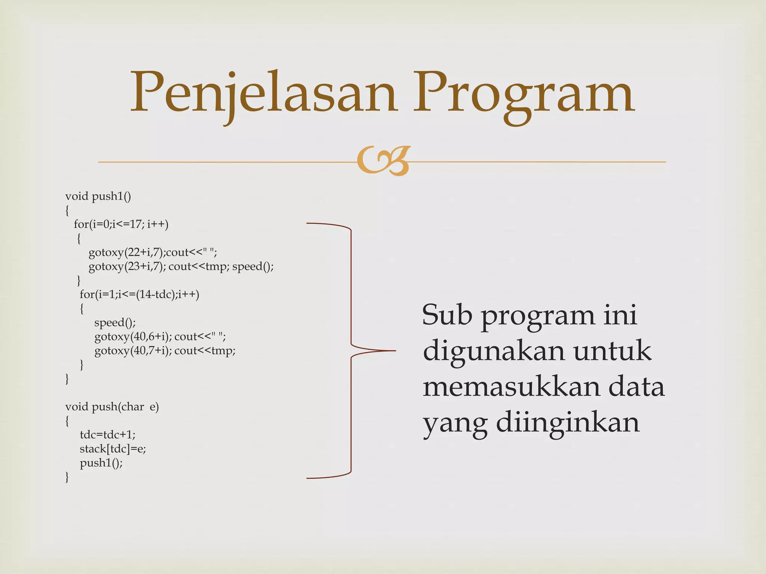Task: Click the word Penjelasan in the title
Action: click(264, 93)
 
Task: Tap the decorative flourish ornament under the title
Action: click(383, 161)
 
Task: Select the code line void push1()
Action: click(98, 196)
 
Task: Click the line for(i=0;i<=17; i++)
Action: click(121, 224)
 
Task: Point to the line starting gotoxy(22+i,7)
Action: click(153, 253)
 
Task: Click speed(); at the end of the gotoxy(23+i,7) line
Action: click(253, 266)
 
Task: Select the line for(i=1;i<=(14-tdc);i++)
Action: click(139, 294)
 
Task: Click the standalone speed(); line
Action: click(115, 323)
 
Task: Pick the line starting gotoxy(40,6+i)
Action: click(160, 337)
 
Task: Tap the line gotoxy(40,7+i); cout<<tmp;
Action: click(165, 351)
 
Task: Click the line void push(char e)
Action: click(112, 407)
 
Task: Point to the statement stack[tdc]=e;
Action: click(113, 449)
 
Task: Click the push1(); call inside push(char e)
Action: click(101, 463)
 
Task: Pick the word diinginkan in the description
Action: click(568, 423)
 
